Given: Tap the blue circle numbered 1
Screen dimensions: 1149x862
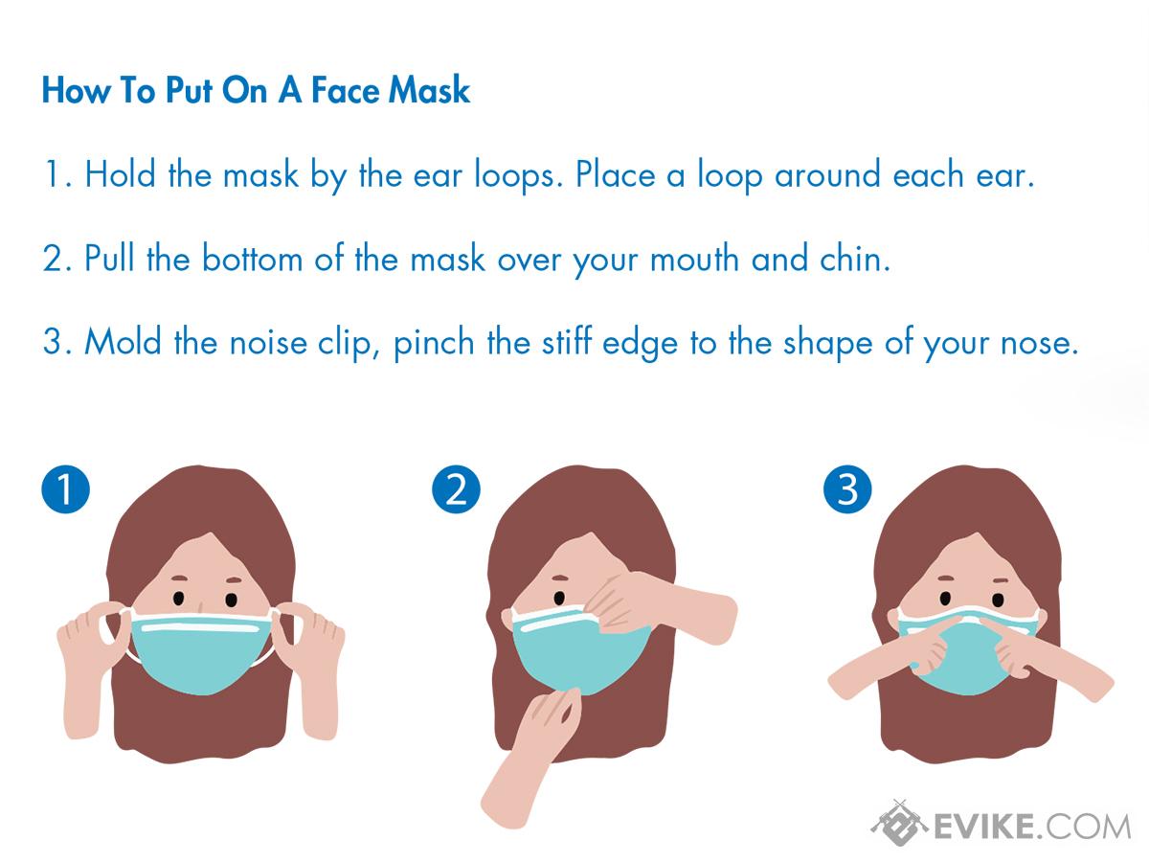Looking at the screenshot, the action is [x=65, y=488].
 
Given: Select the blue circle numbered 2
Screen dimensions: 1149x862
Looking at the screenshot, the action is [x=456, y=488].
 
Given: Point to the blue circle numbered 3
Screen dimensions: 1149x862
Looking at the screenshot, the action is [x=847, y=488].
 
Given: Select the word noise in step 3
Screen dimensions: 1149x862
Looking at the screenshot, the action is [x=268, y=343].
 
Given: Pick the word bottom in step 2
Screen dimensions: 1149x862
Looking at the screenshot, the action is [x=253, y=258].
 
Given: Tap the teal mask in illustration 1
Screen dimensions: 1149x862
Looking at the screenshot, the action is [x=201, y=653].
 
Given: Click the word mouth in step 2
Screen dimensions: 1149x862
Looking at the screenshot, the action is [x=694, y=258].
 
